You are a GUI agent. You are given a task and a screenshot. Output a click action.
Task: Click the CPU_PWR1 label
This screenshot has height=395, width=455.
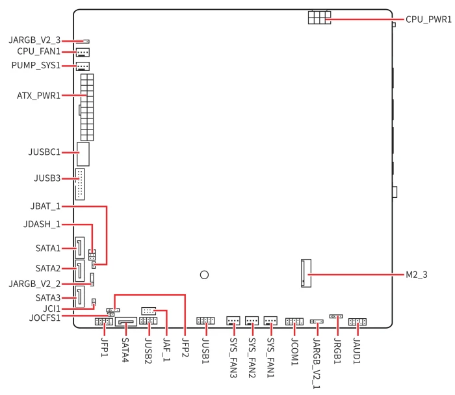428,20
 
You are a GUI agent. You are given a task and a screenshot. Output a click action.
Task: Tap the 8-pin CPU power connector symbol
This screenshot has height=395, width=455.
320,18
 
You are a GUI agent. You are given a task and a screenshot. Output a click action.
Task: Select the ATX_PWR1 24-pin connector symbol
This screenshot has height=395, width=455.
87,107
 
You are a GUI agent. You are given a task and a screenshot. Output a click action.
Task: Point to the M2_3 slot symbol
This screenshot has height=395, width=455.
306,273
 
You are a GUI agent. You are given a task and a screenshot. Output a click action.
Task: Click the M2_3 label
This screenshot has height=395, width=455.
417,275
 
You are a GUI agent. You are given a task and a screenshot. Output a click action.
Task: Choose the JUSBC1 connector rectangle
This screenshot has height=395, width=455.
83,154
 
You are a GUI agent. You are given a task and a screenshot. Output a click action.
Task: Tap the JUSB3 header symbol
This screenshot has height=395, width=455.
80,184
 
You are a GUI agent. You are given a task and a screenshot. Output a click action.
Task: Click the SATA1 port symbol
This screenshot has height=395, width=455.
80,248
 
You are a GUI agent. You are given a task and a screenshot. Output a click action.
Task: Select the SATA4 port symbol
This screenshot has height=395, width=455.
126,322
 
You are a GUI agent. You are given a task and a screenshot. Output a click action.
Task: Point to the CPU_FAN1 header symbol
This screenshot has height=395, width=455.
83,52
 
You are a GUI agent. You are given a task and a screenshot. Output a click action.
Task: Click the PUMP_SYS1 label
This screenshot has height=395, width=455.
36,65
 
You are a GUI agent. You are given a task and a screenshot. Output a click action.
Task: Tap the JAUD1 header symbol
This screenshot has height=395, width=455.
357,321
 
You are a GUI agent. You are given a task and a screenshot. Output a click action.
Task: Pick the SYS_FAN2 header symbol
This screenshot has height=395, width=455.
252,321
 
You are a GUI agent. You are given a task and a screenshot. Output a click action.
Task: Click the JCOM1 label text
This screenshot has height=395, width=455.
294,351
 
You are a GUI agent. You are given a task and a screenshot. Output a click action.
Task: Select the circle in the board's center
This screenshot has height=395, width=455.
204,275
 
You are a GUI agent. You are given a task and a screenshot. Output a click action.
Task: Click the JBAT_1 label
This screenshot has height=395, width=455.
45,206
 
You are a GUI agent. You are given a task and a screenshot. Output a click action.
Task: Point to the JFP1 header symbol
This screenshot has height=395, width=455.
104,321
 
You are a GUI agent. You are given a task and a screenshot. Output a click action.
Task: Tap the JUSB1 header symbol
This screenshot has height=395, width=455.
205,321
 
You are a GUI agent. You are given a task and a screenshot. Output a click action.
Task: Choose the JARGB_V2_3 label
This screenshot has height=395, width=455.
34,40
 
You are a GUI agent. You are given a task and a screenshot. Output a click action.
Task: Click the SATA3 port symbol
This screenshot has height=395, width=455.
80,297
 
